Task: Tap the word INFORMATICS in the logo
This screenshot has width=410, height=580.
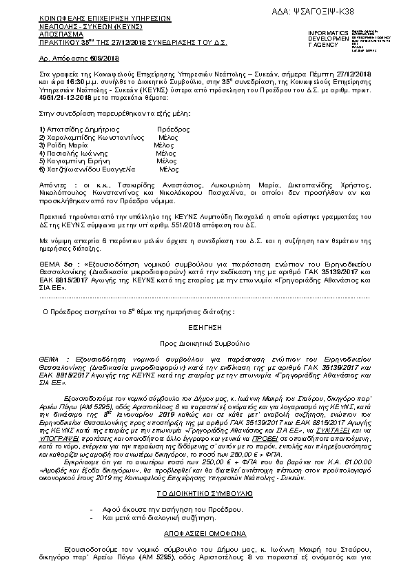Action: [327, 33]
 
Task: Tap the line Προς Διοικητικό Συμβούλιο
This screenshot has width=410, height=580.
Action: [205, 342]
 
